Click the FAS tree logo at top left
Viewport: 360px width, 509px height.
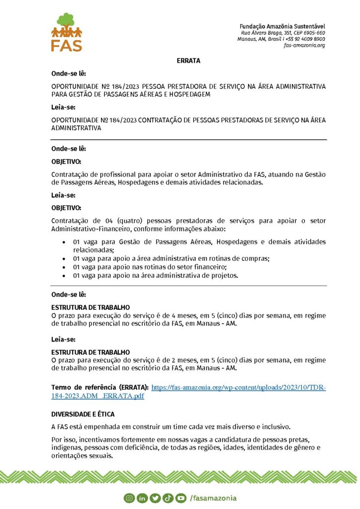pos(66,32)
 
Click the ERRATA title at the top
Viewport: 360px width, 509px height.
pos(188,61)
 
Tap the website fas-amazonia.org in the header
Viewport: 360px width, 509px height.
pos(304,45)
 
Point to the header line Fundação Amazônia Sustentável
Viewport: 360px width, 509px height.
pos(282,25)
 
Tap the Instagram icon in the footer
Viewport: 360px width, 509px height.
pos(129,498)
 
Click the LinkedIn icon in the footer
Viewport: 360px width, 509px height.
pos(142,498)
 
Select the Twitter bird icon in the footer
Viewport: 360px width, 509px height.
pos(155,498)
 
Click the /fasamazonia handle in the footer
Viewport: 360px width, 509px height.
pos(213,498)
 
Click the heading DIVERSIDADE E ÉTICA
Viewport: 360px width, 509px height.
pos(83,414)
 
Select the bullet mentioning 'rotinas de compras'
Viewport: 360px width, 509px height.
pos(171,259)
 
